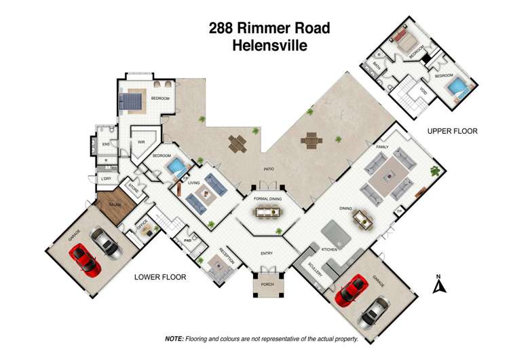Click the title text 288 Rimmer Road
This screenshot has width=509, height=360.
(269, 29)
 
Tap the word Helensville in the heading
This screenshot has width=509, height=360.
(269, 46)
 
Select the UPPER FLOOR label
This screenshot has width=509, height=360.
(453, 131)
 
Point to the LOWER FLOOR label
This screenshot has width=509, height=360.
(161, 276)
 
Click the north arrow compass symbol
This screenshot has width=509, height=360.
(438, 286)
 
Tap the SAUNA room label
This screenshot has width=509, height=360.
(111, 204)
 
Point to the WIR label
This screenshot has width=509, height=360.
(142, 142)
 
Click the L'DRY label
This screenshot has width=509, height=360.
(106, 179)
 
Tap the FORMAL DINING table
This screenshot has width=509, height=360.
(267, 212)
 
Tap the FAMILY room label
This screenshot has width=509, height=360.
(381, 146)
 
